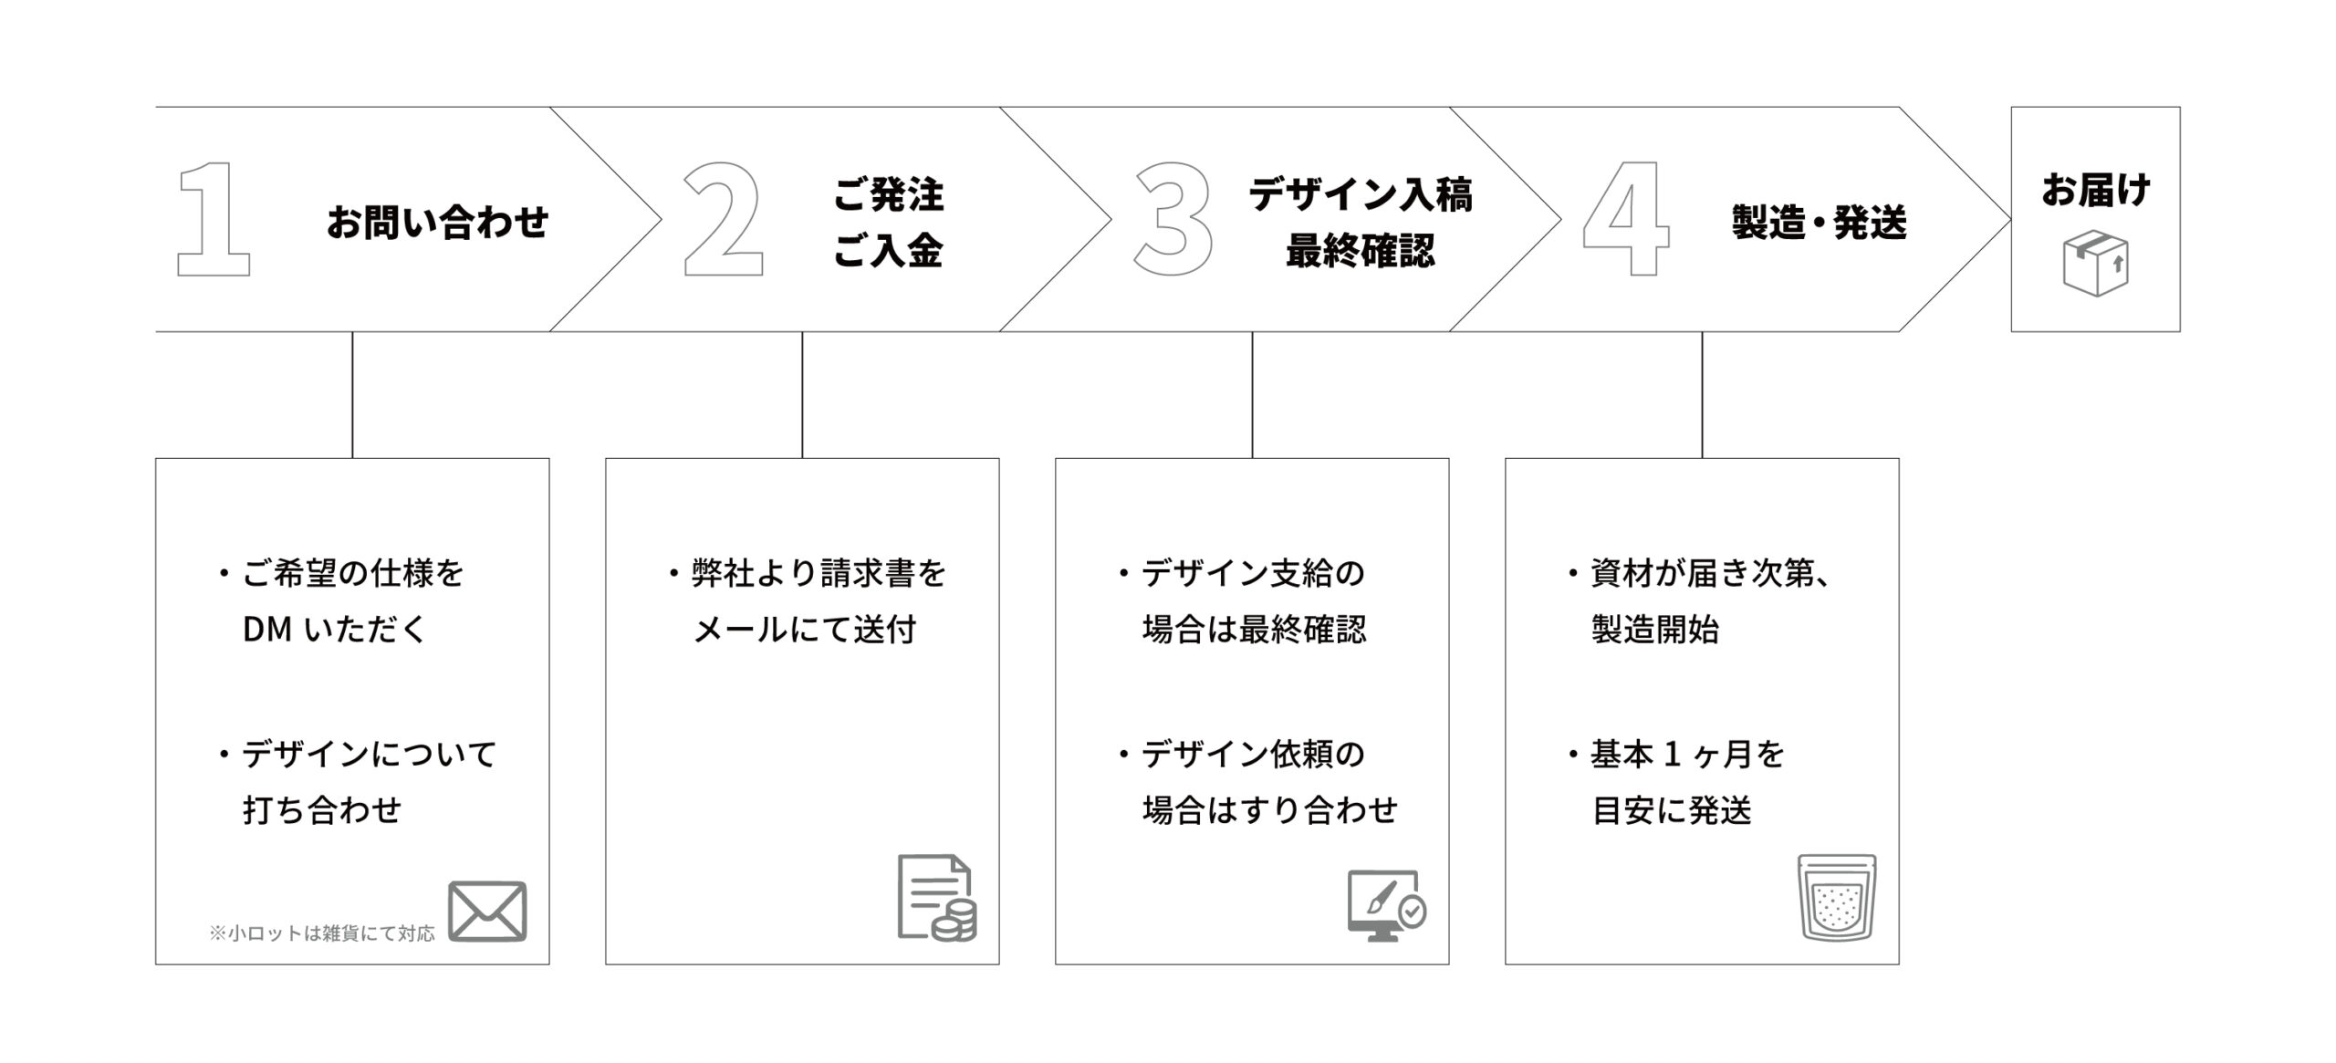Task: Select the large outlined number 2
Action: (723, 219)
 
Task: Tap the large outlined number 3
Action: (1173, 219)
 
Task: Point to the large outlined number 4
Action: (1626, 219)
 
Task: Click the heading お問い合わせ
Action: (438, 222)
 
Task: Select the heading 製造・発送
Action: (1820, 222)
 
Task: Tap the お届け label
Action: (2096, 190)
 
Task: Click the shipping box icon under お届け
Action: (2096, 262)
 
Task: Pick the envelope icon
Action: (487, 911)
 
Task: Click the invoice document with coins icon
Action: (937, 897)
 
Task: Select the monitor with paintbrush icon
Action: (1387, 906)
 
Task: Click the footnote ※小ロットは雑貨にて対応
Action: (322, 933)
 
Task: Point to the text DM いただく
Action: (335, 629)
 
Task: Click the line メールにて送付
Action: (805, 629)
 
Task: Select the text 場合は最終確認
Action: (1255, 629)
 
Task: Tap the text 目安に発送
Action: (1672, 809)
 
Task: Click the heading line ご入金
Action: (888, 250)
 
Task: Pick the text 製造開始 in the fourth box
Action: (1655, 629)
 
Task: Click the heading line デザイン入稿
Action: (1361, 193)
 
